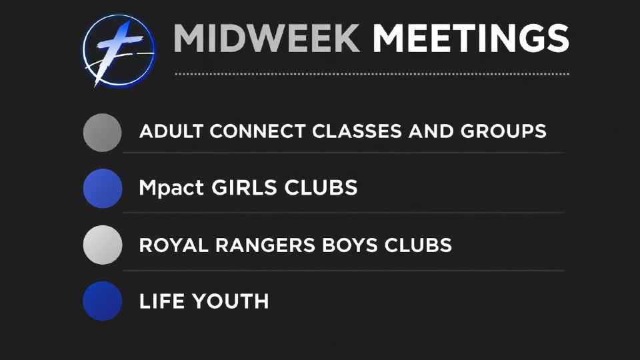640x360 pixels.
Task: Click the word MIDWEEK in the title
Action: tap(267, 39)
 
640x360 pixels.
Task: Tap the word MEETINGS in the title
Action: tap(471, 39)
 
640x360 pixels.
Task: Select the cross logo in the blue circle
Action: tap(119, 51)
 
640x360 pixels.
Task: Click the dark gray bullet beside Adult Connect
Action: tap(102, 133)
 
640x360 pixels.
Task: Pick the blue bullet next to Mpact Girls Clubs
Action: tap(103, 189)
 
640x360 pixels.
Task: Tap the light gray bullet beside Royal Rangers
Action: tap(103, 245)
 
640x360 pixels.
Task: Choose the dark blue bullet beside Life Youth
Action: tap(103, 301)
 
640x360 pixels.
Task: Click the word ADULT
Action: tap(171, 131)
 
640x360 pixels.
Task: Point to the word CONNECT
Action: tap(257, 131)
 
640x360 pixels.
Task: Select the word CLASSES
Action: tap(356, 131)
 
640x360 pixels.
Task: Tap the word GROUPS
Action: tap(503, 131)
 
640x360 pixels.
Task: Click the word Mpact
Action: tap(171, 189)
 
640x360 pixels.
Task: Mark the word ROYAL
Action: tap(173, 245)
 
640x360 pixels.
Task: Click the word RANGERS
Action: tap(265, 245)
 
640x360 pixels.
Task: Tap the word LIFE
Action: tap(162, 301)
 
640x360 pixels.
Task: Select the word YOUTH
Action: tap(231, 301)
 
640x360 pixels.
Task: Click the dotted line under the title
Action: tap(372, 74)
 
